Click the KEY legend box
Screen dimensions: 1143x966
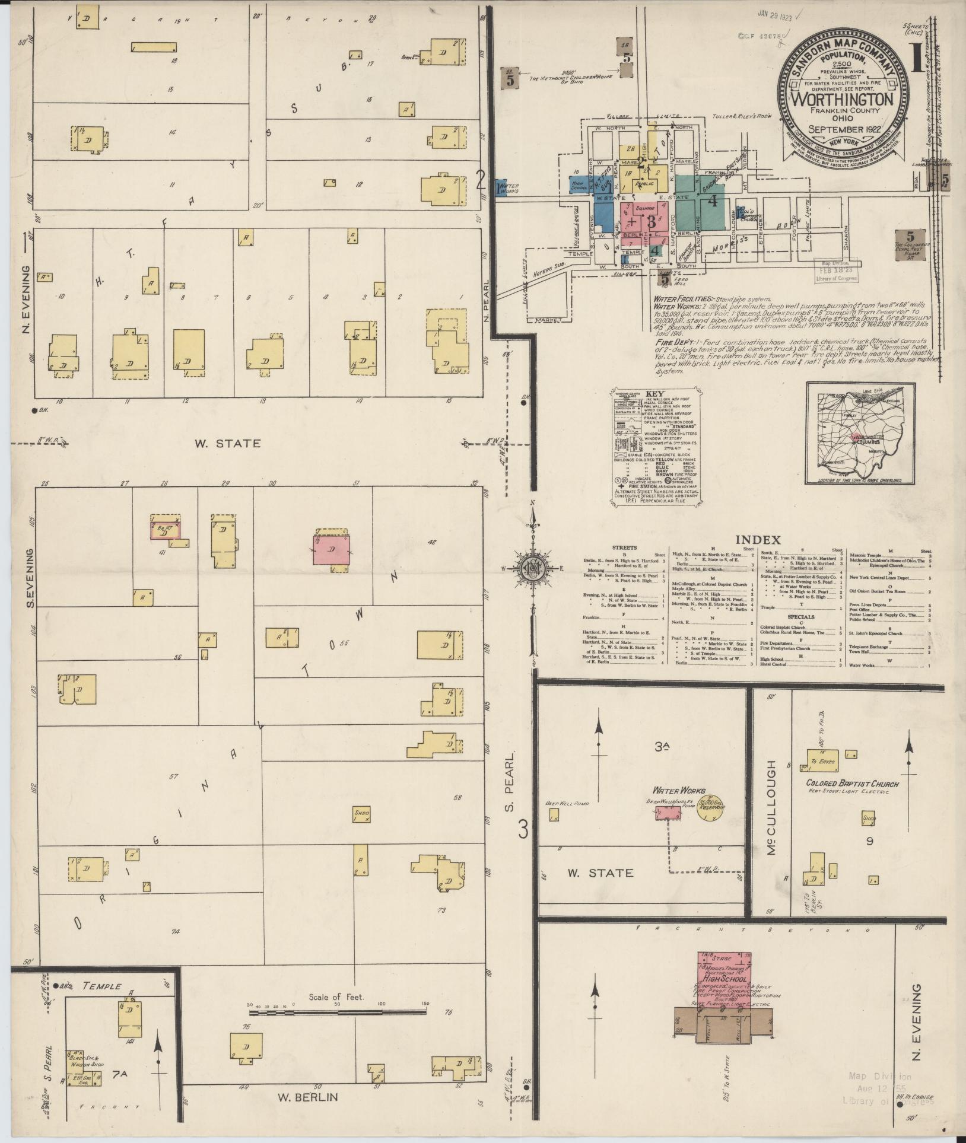pyautogui.click(x=655, y=446)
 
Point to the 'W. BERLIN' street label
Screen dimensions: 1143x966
pyautogui.click(x=308, y=1097)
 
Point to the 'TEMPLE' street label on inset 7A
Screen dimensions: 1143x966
pyautogui.click(x=101, y=986)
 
